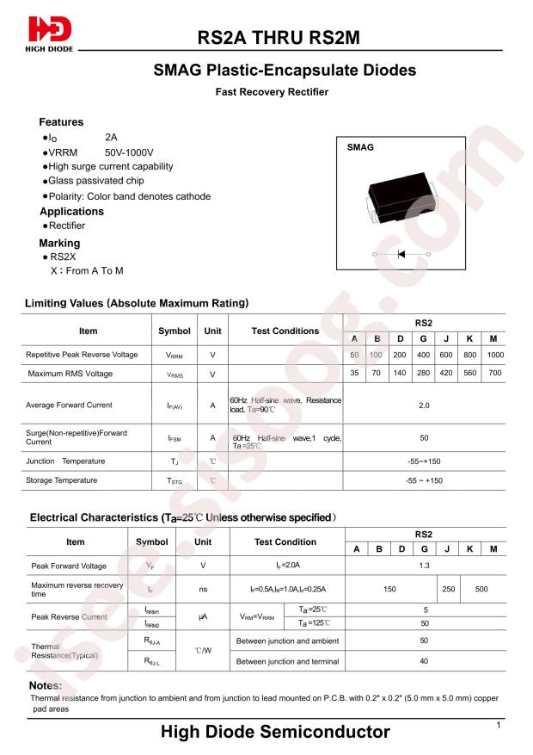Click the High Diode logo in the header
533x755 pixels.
pos(50,34)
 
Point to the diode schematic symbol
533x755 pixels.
pos(401,255)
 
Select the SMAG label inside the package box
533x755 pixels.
pos(360,148)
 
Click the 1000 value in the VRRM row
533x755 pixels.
pos(495,355)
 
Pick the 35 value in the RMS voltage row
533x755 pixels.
pos(353,374)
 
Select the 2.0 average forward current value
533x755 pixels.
pos(424,405)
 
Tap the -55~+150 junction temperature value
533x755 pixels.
pos(424,461)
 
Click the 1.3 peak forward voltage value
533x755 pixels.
pos(424,566)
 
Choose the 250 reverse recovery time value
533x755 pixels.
pos(448,590)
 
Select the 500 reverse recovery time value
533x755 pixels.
pos(481,590)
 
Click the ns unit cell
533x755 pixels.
pos(203,590)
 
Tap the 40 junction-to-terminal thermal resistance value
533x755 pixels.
pos(424,661)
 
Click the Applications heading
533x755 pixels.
pos(71,212)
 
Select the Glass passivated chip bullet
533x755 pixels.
pos(95,181)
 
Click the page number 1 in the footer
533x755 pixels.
pos(499,727)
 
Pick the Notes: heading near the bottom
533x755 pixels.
pos(46,685)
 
